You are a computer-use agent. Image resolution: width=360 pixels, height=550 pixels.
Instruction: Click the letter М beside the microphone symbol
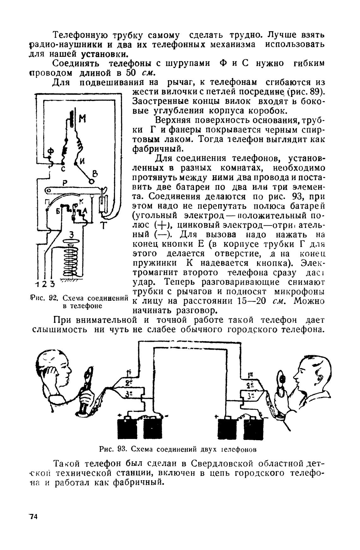pyautogui.click(x=82, y=119)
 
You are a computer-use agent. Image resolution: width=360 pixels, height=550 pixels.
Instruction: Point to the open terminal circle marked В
pyautogui.click(x=92, y=182)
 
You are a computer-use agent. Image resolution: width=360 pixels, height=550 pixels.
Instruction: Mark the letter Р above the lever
pyautogui.click(x=65, y=183)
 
